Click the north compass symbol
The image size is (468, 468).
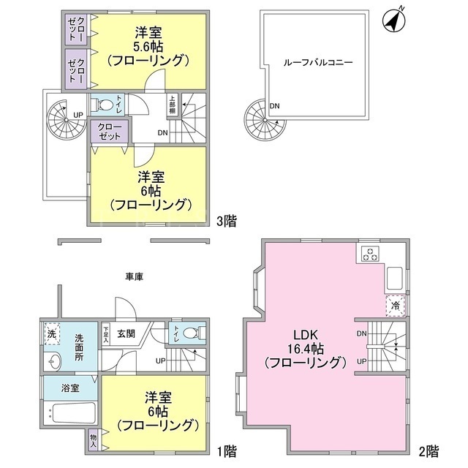393,21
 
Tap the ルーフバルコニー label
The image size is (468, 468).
318,63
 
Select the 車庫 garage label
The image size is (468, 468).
135,277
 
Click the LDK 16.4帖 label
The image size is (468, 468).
306,349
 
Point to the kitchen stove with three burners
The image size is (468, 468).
371,254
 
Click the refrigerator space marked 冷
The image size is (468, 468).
395,306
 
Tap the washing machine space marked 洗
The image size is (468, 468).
52,333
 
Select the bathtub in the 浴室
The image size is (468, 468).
70,412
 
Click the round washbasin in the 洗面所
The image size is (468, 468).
53,361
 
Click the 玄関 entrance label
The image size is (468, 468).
127,333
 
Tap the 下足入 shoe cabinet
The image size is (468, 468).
106,334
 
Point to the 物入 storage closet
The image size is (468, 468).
93,439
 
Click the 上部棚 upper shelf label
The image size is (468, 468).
173,105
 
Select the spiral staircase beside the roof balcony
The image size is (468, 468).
265,120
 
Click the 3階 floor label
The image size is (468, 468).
226,222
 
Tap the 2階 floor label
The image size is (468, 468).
429,451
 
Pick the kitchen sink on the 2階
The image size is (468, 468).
395,277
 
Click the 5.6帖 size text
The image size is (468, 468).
149,47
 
